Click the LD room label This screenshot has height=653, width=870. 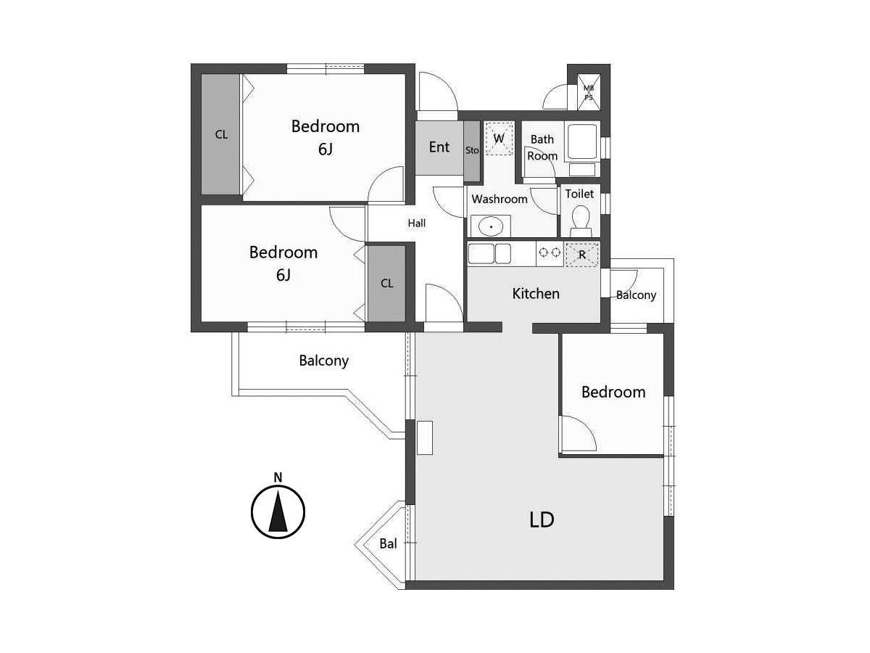click(x=542, y=519)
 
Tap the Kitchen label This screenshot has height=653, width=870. click(x=536, y=294)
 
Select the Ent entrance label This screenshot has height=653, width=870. click(x=439, y=147)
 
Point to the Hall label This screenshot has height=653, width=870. click(x=417, y=223)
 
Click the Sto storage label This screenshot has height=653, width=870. click(x=472, y=150)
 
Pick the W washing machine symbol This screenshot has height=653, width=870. click(x=499, y=139)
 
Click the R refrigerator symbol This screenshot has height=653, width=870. click(x=582, y=254)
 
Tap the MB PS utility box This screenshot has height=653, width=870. click(x=589, y=92)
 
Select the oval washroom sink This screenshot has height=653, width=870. click(x=491, y=227)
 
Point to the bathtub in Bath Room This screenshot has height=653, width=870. click(x=581, y=141)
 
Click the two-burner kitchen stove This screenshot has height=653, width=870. click(x=550, y=252)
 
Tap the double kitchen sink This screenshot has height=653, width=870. click(x=489, y=253)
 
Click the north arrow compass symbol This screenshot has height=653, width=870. click(x=278, y=512)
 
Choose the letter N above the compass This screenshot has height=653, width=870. click(x=278, y=477)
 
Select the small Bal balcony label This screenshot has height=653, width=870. click(x=388, y=543)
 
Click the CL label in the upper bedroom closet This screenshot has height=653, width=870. click(x=221, y=135)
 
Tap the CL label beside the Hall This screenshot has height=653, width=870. click(x=386, y=283)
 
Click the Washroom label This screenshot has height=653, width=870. click(x=500, y=199)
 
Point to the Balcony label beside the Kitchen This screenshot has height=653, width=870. click(x=636, y=295)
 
